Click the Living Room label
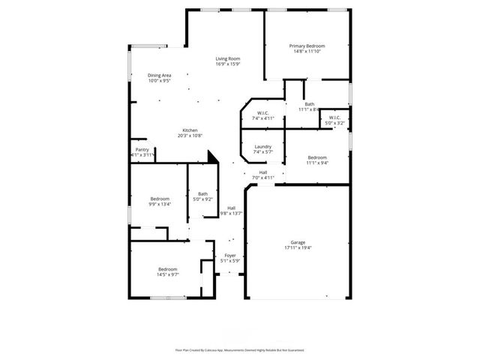228,58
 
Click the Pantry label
142,149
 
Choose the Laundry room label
262,146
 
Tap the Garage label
298,242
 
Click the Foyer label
230,256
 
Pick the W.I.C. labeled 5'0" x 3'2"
334,117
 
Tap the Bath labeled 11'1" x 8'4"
309,104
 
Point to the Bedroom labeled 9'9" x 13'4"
159,199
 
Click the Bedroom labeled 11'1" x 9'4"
317,157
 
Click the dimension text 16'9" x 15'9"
228,64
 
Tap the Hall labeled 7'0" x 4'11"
263,172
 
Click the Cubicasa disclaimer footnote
239,349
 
